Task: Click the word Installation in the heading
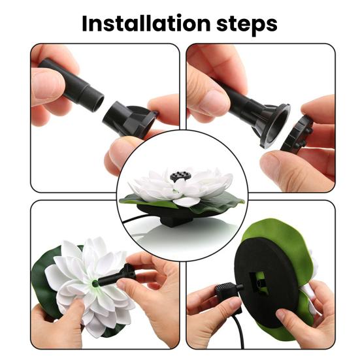[146, 24]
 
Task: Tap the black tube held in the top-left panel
[71, 84]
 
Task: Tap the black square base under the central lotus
[176, 221]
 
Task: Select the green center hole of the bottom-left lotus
[94, 284]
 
